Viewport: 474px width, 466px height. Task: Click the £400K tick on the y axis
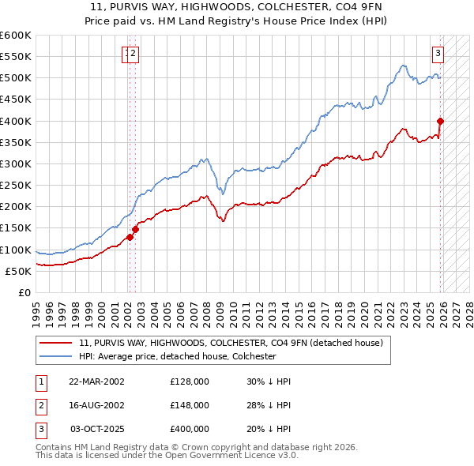coord(15,121)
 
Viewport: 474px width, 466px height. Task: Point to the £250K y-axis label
coord(15,186)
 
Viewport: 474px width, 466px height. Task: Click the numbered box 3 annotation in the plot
coord(438,54)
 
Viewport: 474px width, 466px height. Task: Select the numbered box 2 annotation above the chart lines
coord(134,54)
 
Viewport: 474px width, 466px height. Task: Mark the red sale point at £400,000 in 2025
coord(441,121)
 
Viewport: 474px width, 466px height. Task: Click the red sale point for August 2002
coord(135,229)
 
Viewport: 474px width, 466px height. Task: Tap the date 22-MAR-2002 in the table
coord(96,381)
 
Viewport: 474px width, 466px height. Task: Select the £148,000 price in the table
coord(190,405)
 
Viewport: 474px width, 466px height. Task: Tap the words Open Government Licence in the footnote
coord(227,456)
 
